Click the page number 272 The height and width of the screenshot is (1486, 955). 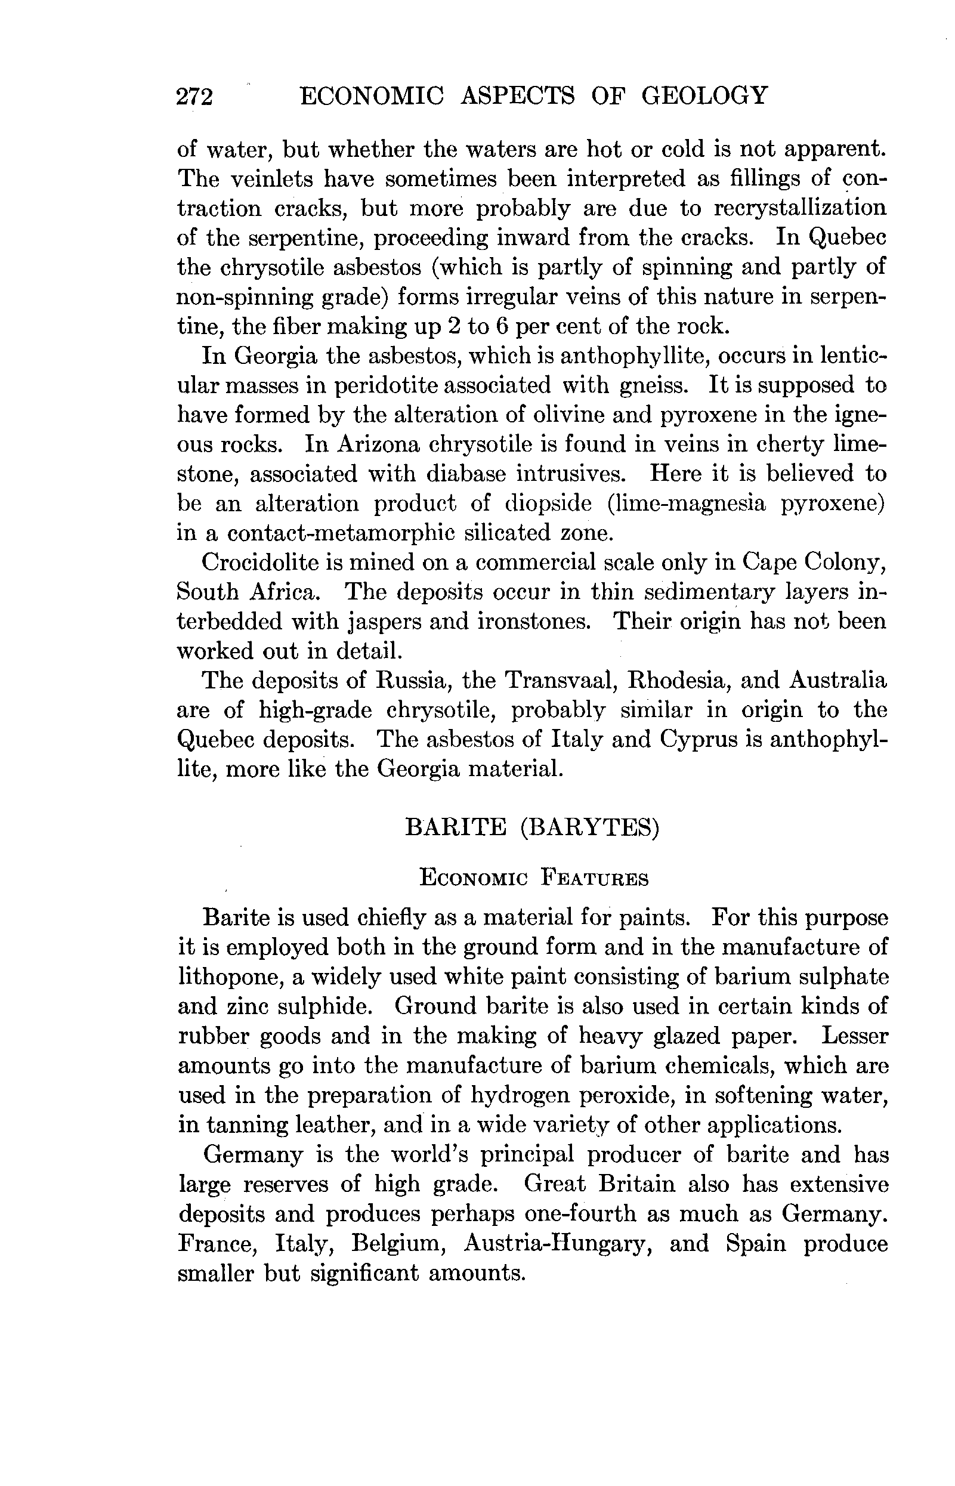click(194, 97)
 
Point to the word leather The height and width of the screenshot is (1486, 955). click(332, 1125)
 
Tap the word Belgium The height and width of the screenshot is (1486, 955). click(401, 1244)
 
